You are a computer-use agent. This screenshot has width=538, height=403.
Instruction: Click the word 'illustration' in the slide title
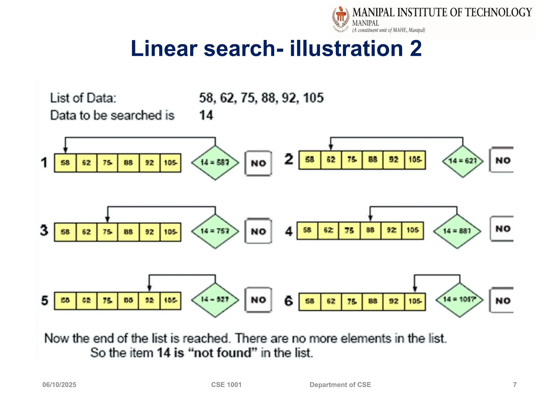click(x=346, y=49)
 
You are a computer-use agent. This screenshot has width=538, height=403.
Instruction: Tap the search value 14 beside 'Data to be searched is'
click(x=206, y=115)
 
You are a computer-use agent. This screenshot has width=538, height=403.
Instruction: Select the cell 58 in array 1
click(x=65, y=163)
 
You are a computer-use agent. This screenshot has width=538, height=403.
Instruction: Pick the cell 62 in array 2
click(x=331, y=160)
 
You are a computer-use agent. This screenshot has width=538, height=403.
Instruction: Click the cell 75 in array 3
click(x=107, y=232)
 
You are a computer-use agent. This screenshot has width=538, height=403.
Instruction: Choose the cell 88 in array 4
click(x=370, y=230)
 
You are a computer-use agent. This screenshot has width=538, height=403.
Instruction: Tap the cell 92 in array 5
click(x=149, y=300)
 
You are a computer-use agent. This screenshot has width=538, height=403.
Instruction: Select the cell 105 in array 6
click(x=415, y=301)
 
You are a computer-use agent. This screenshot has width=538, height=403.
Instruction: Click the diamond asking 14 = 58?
click(x=215, y=163)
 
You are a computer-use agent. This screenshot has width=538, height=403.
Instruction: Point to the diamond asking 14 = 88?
click(x=457, y=231)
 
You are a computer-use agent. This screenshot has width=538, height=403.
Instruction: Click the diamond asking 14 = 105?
click(x=459, y=300)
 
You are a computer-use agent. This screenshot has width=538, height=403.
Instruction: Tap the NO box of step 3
click(x=258, y=231)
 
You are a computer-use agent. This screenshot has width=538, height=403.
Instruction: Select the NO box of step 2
click(x=502, y=160)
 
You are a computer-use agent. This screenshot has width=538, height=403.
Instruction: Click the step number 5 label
click(x=45, y=300)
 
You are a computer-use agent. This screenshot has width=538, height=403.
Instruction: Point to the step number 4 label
click(x=289, y=231)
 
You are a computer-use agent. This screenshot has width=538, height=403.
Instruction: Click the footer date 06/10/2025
click(x=59, y=385)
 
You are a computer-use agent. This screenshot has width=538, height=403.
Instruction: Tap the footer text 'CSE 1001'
click(x=226, y=385)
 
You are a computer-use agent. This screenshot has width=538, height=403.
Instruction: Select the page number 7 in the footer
click(x=515, y=385)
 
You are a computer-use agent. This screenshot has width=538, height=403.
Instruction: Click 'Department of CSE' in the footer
click(x=340, y=385)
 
